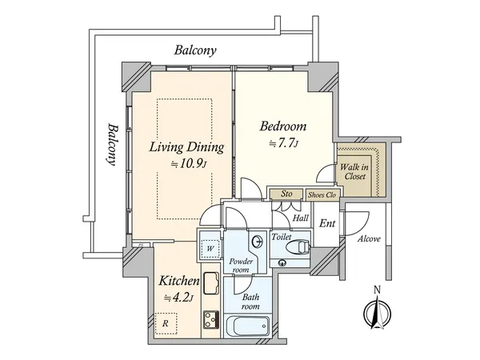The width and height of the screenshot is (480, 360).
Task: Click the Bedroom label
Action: click(x=283, y=126)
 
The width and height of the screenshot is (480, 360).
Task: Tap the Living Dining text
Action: click(x=186, y=147)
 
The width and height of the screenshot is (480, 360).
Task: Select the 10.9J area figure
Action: click(x=189, y=164)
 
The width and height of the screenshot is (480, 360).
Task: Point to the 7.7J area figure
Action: click(x=283, y=143)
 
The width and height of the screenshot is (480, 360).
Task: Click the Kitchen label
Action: click(x=179, y=281)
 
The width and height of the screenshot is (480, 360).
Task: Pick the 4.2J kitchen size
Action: click(x=178, y=298)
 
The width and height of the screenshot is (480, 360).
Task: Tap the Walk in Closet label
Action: click(x=354, y=172)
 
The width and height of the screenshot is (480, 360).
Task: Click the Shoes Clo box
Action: click(x=322, y=195)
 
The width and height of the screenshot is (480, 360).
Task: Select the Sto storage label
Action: click(x=286, y=194)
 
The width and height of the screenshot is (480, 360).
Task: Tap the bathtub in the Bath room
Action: click(x=248, y=326)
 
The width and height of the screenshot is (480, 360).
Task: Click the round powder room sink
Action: click(x=258, y=242)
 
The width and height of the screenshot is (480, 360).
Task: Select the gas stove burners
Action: click(x=211, y=320)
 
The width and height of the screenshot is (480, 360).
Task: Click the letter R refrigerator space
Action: click(x=166, y=323)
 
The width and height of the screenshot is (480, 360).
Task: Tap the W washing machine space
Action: click(x=210, y=248)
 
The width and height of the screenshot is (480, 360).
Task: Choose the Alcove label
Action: click(x=369, y=238)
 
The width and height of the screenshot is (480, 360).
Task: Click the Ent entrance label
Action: click(x=327, y=223)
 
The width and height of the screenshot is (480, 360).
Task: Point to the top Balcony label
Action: click(x=195, y=50)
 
